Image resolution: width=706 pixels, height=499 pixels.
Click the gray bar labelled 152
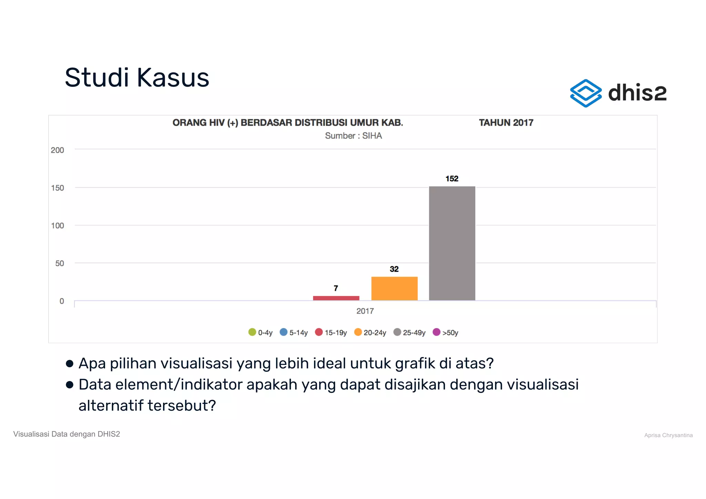pyautogui.click(x=452, y=243)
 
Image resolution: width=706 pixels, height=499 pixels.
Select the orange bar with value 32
pyautogui.click(x=394, y=288)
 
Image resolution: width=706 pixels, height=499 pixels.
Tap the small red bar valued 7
pyautogui.click(x=336, y=298)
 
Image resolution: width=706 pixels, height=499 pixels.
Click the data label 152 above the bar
pyautogui.click(x=452, y=179)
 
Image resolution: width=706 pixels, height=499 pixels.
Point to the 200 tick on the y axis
pyautogui.click(x=58, y=150)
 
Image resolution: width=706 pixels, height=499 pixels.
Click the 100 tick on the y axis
pyautogui.click(x=58, y=226)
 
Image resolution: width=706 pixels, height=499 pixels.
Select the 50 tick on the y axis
pyautogui.click(x=60, y=263)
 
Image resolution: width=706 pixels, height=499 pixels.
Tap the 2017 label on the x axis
pyautogui.click(x=365, y=311)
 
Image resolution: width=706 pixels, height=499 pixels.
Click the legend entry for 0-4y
pyautogui.click(x=261, y=332)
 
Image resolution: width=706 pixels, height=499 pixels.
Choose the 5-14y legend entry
pyautogui.click(x=294, y=332)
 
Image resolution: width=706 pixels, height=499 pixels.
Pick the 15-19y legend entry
pyautogui.click(x=331, y=332)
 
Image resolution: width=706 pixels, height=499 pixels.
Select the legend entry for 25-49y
pyautogui.click(x=410, y=332)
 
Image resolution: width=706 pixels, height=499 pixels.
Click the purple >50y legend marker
pyautogui.click(x=436, y=332)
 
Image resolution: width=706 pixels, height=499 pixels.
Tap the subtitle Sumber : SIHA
pyautogui.click(x=353, y=136)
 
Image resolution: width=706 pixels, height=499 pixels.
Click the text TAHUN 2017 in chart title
pyautogui.click(x=506, y=123)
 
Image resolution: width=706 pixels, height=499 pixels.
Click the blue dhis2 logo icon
pyautogui.click(x=586, y=93)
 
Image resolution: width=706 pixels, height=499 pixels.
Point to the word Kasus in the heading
pyautogui.click(x=173, y=78)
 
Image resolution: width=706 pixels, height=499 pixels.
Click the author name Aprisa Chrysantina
pyautogui.click(x=668, y=435)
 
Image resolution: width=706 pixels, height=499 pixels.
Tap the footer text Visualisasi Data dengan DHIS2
pyautogui.click(x=67, y=434)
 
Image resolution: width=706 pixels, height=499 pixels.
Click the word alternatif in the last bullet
pyautogui.click(x=111, y=406)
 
